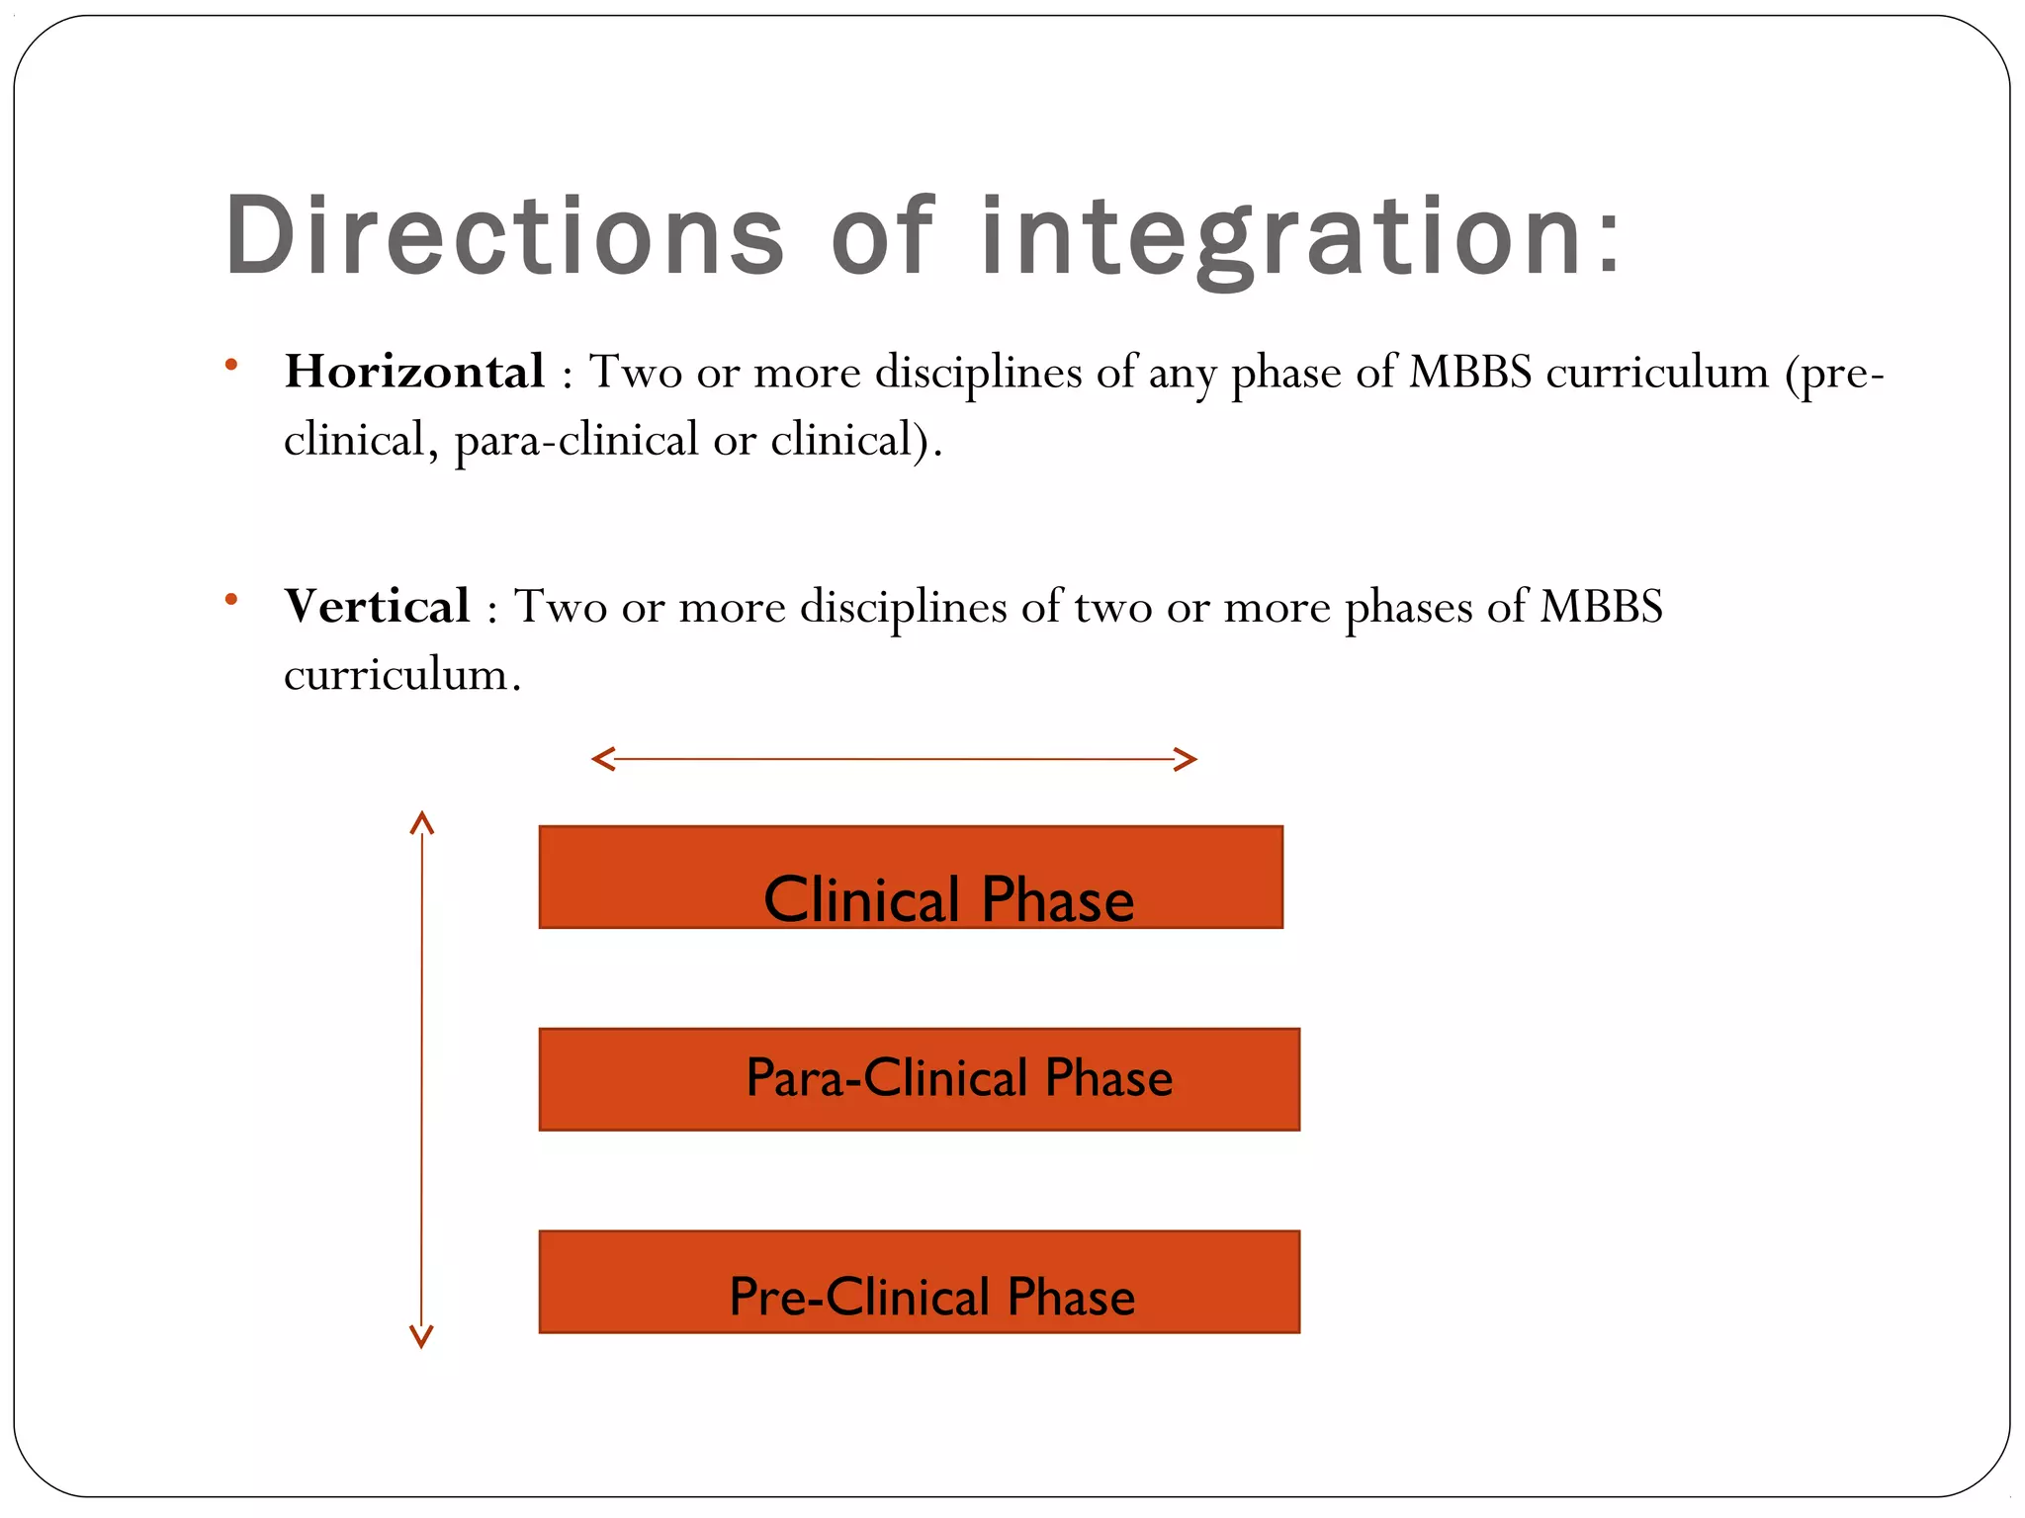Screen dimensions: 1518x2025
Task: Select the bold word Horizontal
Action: [414, 372]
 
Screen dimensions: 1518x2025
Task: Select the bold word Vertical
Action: [377, 606]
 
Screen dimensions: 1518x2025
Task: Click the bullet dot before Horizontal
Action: [231, 365]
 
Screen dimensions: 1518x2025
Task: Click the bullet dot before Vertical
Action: [231, 599]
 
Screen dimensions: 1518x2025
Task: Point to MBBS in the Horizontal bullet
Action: [1470, 373]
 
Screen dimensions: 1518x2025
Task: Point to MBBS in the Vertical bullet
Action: [1601, 606]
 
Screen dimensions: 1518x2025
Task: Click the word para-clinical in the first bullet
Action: [576, 440]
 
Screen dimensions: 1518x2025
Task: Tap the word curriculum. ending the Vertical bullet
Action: [400, 674]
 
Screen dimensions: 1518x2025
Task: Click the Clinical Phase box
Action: [910, 877]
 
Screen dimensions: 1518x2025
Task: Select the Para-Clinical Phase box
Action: [919, 1079]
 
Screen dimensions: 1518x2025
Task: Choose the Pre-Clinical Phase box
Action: [919, 1282]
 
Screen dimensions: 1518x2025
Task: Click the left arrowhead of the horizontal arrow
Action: [602, 759]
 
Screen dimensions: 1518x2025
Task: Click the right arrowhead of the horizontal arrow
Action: [1187, 759]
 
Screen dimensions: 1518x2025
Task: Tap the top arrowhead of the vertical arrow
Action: [422, 822]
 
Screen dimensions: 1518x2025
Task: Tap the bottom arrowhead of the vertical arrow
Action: [422, 1338]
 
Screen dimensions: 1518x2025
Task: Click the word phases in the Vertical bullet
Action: [1408, 606]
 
